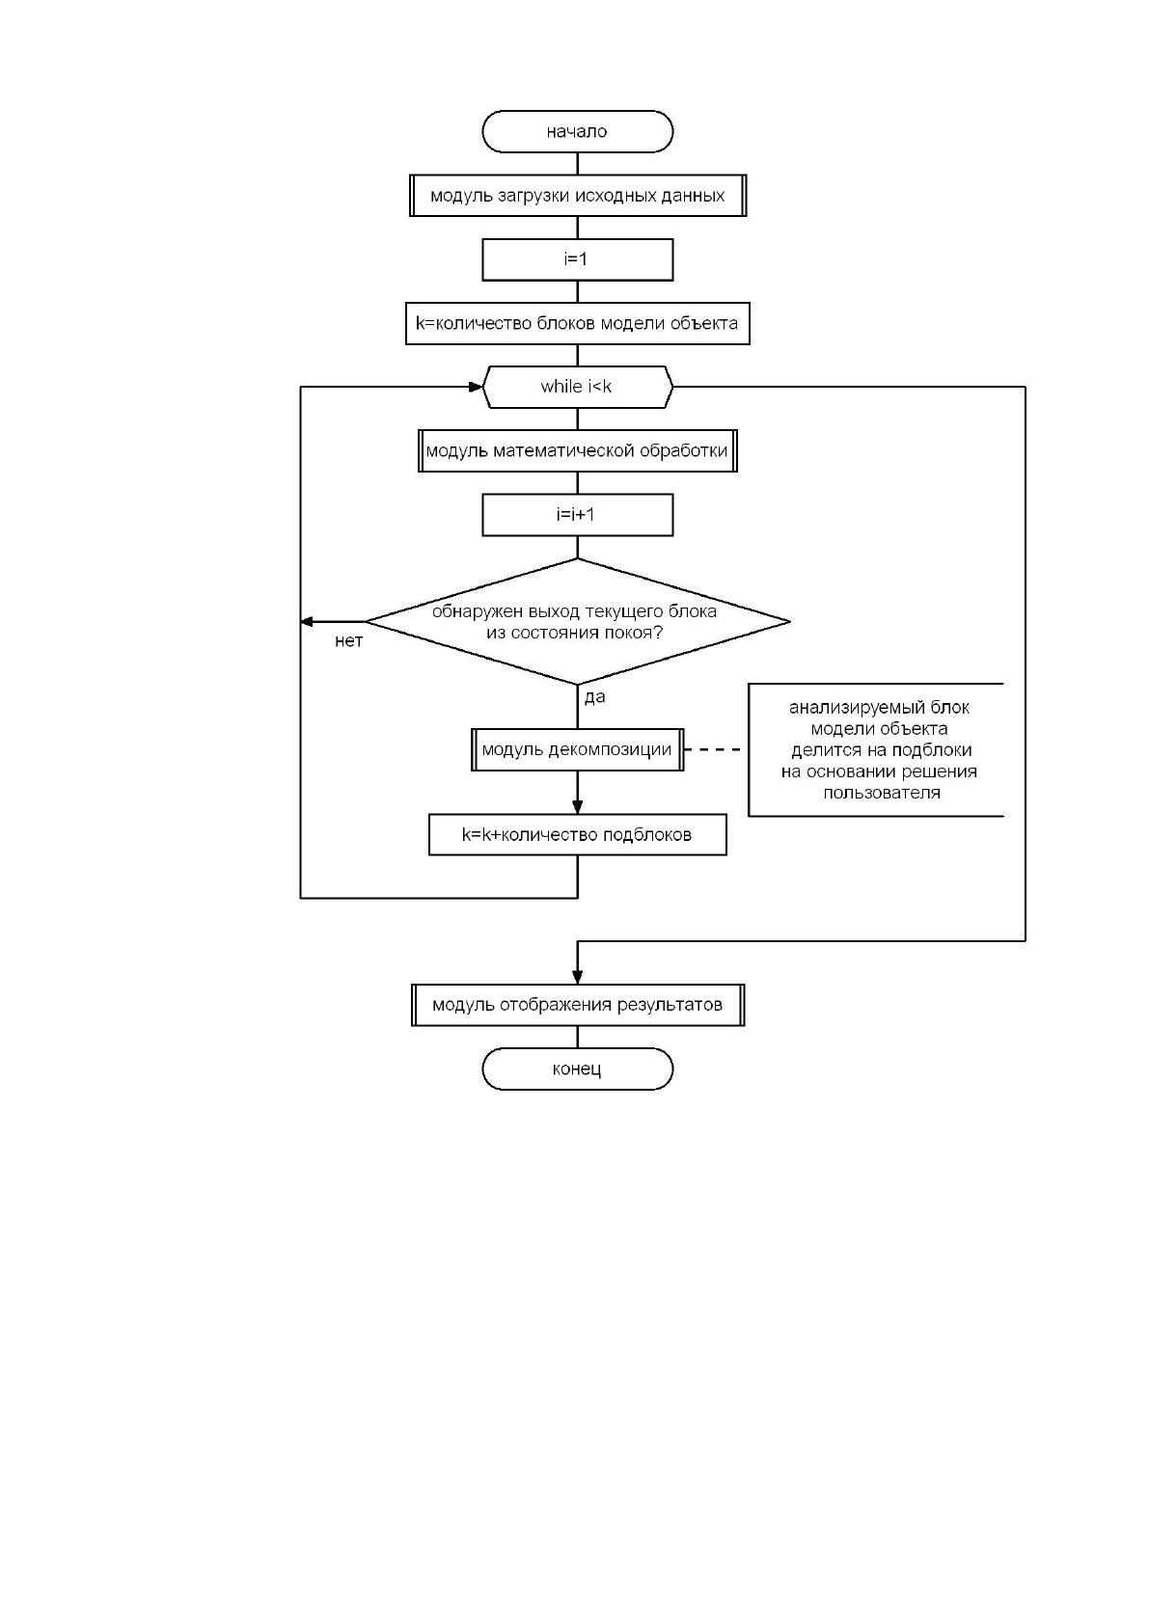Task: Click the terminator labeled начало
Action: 578,131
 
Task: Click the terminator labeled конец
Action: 578,1069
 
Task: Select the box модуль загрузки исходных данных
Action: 578,195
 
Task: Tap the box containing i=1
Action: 578,259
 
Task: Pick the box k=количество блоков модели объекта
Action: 578,323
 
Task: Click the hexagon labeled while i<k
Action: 578,387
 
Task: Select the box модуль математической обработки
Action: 578,451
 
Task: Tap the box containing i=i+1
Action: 578,515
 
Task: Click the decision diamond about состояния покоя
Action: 578,621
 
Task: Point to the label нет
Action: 349,641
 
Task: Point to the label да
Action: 594,697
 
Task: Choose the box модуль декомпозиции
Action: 578,749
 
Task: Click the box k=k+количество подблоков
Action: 578,834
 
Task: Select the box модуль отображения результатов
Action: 578,1005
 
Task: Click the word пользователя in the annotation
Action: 882,793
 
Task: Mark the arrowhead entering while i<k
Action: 476,387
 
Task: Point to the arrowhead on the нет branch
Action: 307,621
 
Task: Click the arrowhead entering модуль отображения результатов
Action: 578,977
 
